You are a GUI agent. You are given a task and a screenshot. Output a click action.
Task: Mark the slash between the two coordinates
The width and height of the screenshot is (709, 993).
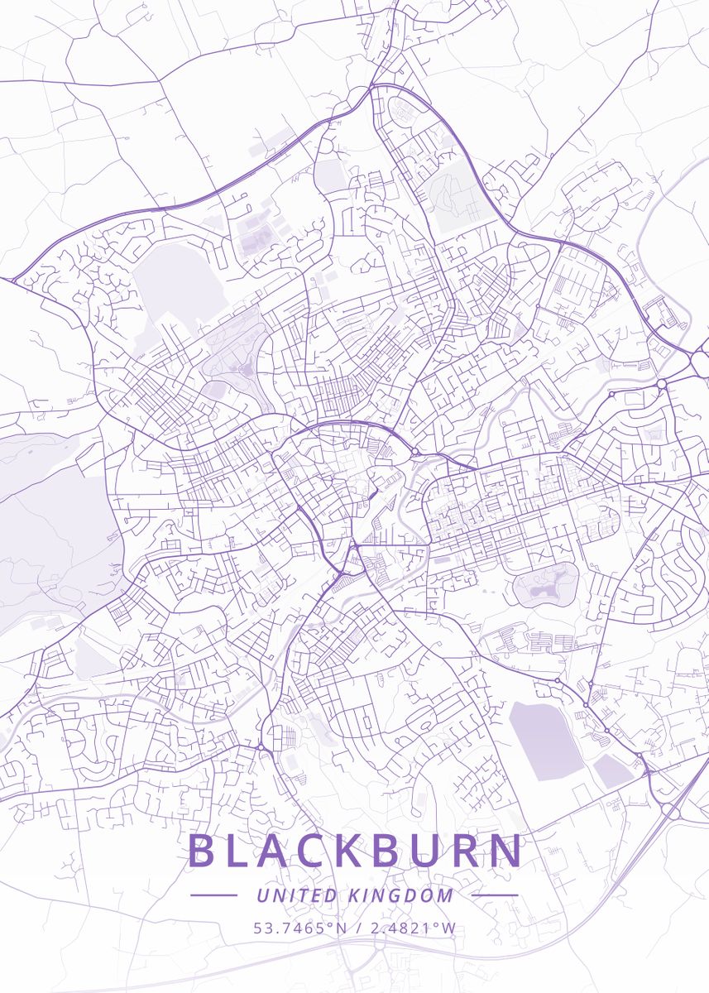point(357,928)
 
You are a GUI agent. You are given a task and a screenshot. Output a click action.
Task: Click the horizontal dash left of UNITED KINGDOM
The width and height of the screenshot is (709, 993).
point(213,895)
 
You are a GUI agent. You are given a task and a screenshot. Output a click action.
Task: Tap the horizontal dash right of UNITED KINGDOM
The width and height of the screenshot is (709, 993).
point(495,895)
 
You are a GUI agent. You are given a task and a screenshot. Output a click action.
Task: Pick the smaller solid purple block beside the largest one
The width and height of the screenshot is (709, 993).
point(612,771)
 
